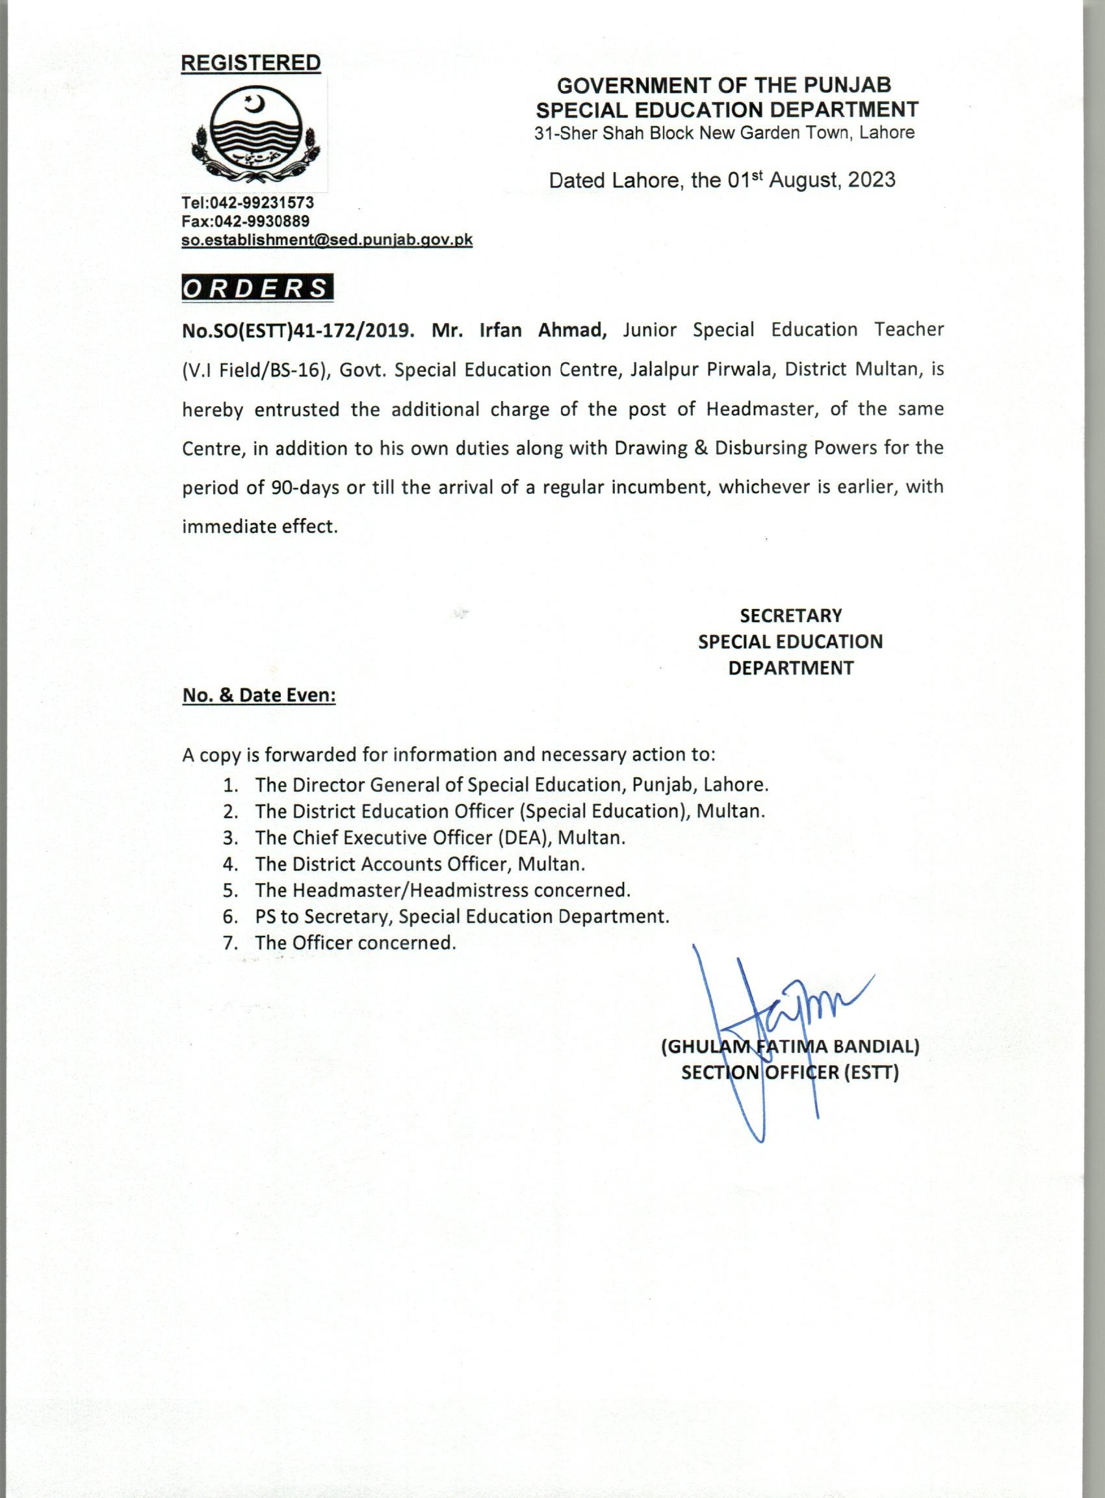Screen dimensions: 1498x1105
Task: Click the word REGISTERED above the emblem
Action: click(x=251, y=63)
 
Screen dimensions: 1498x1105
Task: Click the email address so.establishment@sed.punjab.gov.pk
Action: click(x=327, y=240)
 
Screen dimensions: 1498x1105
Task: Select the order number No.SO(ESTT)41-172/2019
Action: click(x=295, y=331)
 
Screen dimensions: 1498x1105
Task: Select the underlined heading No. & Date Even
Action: click(x=259, y=696)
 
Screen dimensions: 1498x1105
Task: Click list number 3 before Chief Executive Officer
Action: click(x=230, y=838)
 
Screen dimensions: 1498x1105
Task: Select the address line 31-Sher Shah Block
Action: click(x=723, y=133)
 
